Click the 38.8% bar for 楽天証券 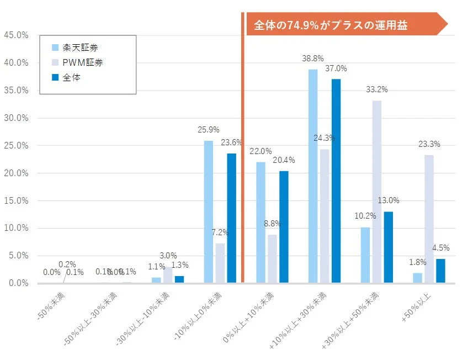[313, 176]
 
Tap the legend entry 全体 [71, 78]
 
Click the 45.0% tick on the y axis [16, 35]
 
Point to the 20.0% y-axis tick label [16, 173]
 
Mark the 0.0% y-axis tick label [18, 283]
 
